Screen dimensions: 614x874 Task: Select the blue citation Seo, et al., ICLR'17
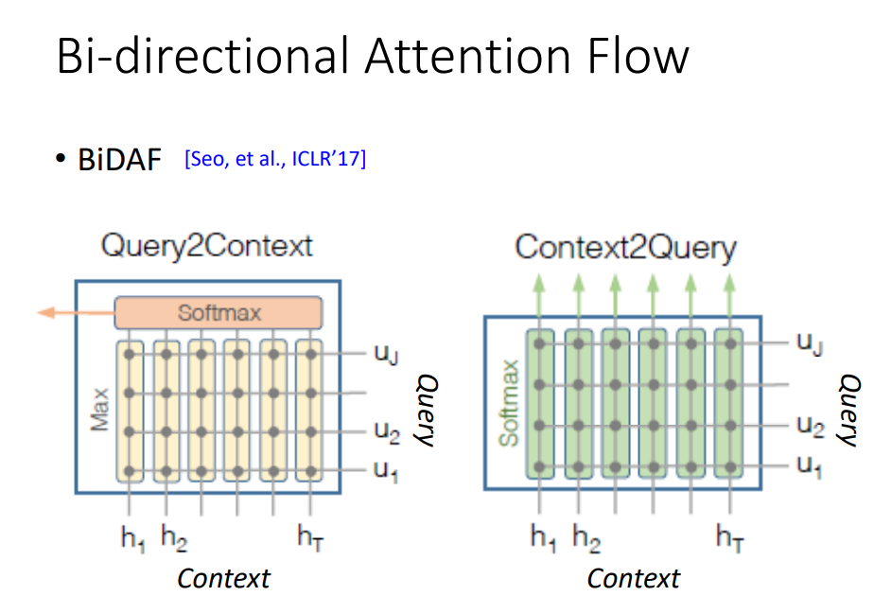(x=275, y=159)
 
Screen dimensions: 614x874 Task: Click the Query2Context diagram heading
(x=206, y=246)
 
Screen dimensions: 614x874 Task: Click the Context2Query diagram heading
(x=624, y=248)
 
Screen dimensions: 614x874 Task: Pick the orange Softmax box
(x=218, y=312)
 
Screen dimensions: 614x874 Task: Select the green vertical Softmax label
(x=510, y=403)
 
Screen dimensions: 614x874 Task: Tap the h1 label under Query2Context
(x=132, y=538)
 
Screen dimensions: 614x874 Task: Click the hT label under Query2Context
(x=311, y=538)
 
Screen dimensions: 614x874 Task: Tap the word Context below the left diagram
(x=223, y=578)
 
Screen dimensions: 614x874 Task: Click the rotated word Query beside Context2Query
(x=850, y=410)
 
